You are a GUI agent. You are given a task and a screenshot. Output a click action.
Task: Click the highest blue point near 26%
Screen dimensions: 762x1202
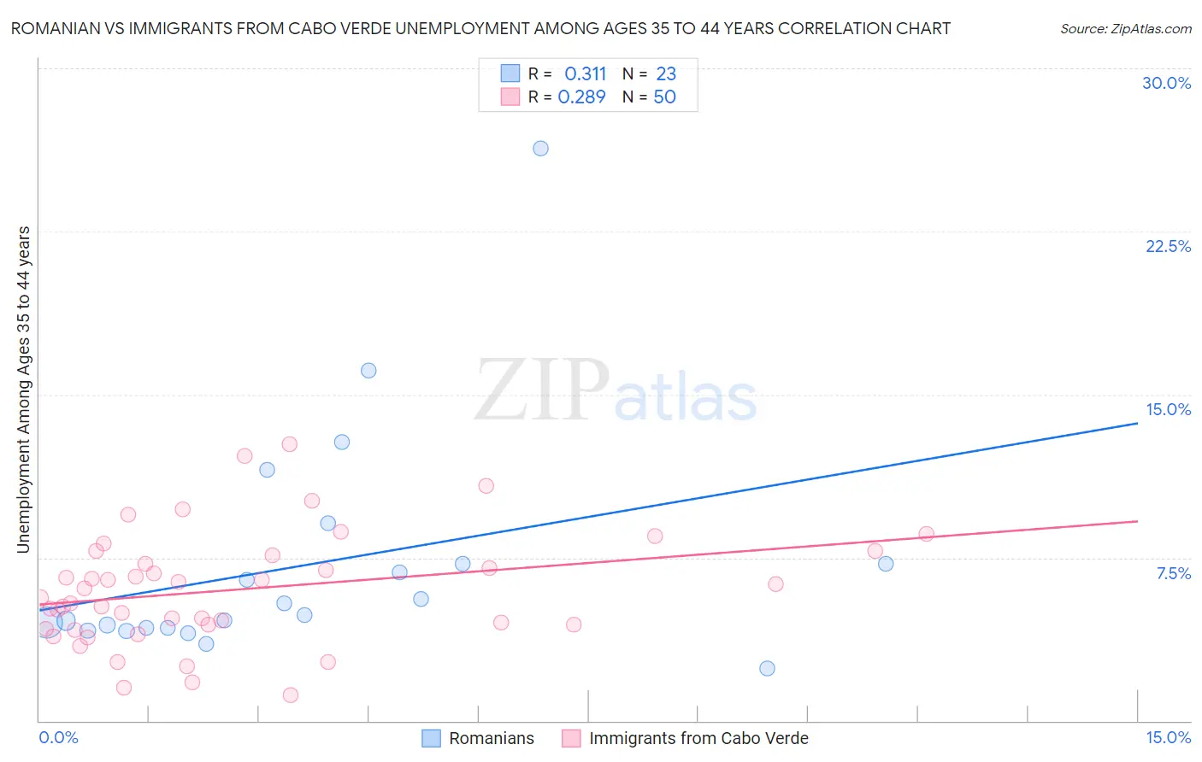(540, 149)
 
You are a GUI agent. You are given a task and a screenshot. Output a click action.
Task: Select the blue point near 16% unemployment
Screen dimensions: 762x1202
(368, 371)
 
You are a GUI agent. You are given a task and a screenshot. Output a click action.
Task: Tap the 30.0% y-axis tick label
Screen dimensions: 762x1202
(1166, 83)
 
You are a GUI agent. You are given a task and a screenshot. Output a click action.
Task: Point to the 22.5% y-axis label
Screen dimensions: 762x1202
(1168, 246)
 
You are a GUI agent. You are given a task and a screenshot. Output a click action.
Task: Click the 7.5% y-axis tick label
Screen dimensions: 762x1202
(1173, 573)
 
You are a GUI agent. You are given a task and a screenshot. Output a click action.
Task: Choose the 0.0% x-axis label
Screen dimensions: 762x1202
(58, 737)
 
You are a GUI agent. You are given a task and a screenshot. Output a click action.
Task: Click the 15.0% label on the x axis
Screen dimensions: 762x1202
(1168, 737)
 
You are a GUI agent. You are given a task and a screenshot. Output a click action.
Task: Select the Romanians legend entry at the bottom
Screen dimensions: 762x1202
(491, 738)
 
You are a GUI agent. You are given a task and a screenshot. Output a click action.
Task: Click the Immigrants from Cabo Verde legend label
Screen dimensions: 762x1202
(698, 738)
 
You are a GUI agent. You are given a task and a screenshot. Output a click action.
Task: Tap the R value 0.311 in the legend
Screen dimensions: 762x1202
(585, 74)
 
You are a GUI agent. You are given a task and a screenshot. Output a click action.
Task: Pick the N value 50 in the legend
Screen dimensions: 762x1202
(664, 97)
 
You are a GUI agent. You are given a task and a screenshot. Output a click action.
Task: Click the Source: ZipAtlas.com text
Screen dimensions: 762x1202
(1125, 29)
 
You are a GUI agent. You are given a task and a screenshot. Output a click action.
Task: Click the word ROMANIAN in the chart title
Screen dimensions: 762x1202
(55, 29)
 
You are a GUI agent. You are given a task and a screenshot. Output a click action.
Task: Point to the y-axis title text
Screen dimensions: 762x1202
(24, 389)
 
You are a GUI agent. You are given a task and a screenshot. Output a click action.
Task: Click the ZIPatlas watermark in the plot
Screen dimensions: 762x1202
(616, 391)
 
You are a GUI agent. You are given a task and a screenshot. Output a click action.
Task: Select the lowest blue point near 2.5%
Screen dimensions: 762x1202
(767, 668)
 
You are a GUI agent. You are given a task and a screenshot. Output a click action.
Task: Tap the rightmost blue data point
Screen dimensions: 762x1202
(886, 564)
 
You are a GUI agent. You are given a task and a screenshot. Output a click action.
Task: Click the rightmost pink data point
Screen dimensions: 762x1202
(926, 534)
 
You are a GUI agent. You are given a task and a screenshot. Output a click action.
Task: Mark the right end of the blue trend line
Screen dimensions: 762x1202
(1137, 423)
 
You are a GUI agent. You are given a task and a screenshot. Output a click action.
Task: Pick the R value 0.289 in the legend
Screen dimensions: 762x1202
(581, 97)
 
